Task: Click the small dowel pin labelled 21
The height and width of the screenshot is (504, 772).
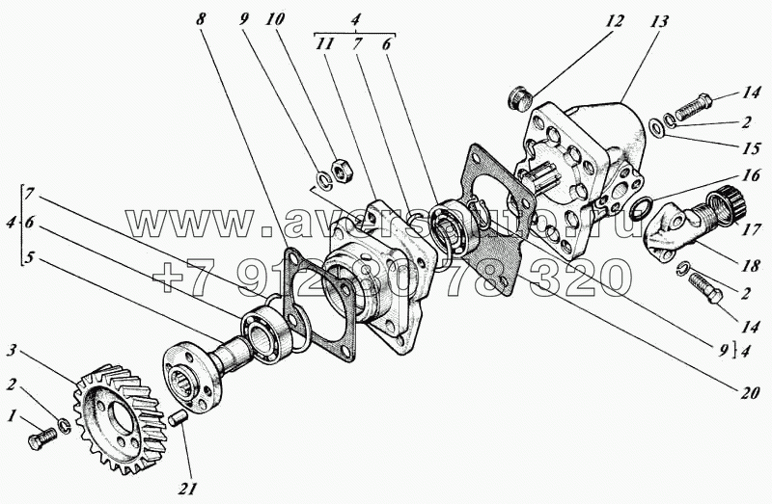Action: (x=177, y=419)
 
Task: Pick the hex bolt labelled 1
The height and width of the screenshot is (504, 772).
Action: (x=44, y=438)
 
